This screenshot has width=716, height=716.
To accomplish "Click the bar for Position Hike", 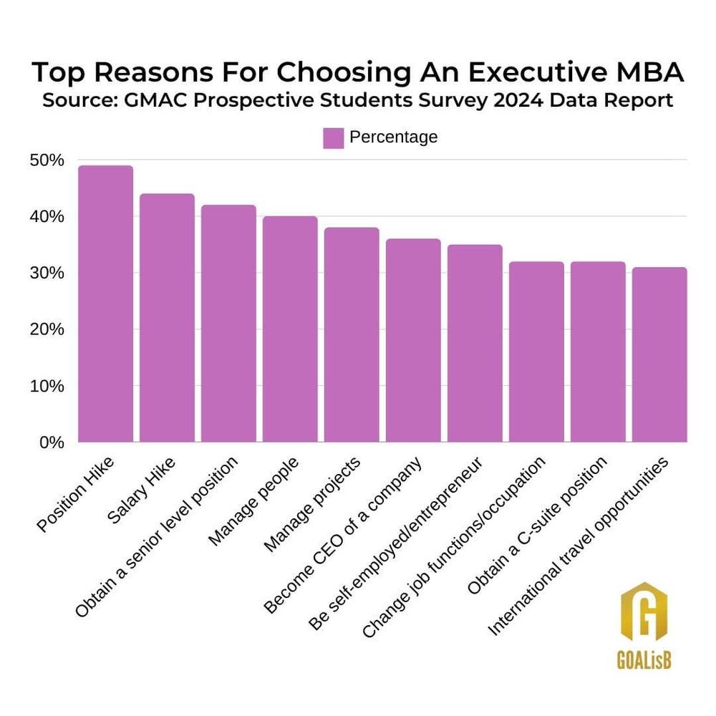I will [x=105, y=304].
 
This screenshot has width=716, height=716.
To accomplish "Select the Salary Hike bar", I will [x=167, y=319].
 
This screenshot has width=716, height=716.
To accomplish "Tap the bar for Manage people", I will [x=290, y=329].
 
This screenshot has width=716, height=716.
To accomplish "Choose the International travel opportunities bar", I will [x=659, y=355].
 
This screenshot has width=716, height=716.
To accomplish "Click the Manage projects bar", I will [x=352, y=335].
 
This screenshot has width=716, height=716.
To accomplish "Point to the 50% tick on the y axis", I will [x=47, y=160].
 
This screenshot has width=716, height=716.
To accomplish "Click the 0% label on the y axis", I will [x=51, y=442].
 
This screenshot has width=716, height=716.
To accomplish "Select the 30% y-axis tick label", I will [x=47, y=274].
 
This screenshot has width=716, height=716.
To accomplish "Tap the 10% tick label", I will [x=47, y=386].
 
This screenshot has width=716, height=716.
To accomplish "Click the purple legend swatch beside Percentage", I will [x=334, y=137].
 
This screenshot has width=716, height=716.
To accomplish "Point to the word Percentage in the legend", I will [x=393, y=137].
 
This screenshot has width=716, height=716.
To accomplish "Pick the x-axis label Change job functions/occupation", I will [x=455, y=548].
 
